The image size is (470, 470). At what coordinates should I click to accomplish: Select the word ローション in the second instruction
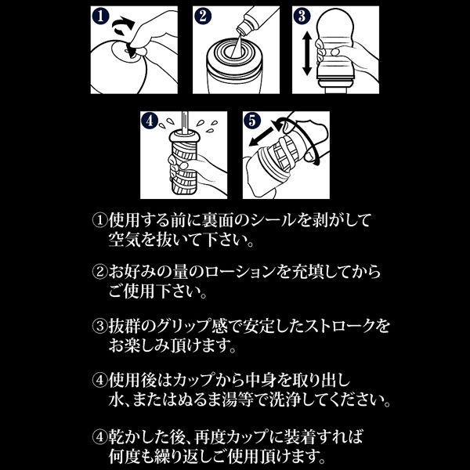(x=243, y=271)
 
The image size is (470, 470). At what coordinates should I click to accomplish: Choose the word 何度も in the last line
(x=135, y=456)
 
